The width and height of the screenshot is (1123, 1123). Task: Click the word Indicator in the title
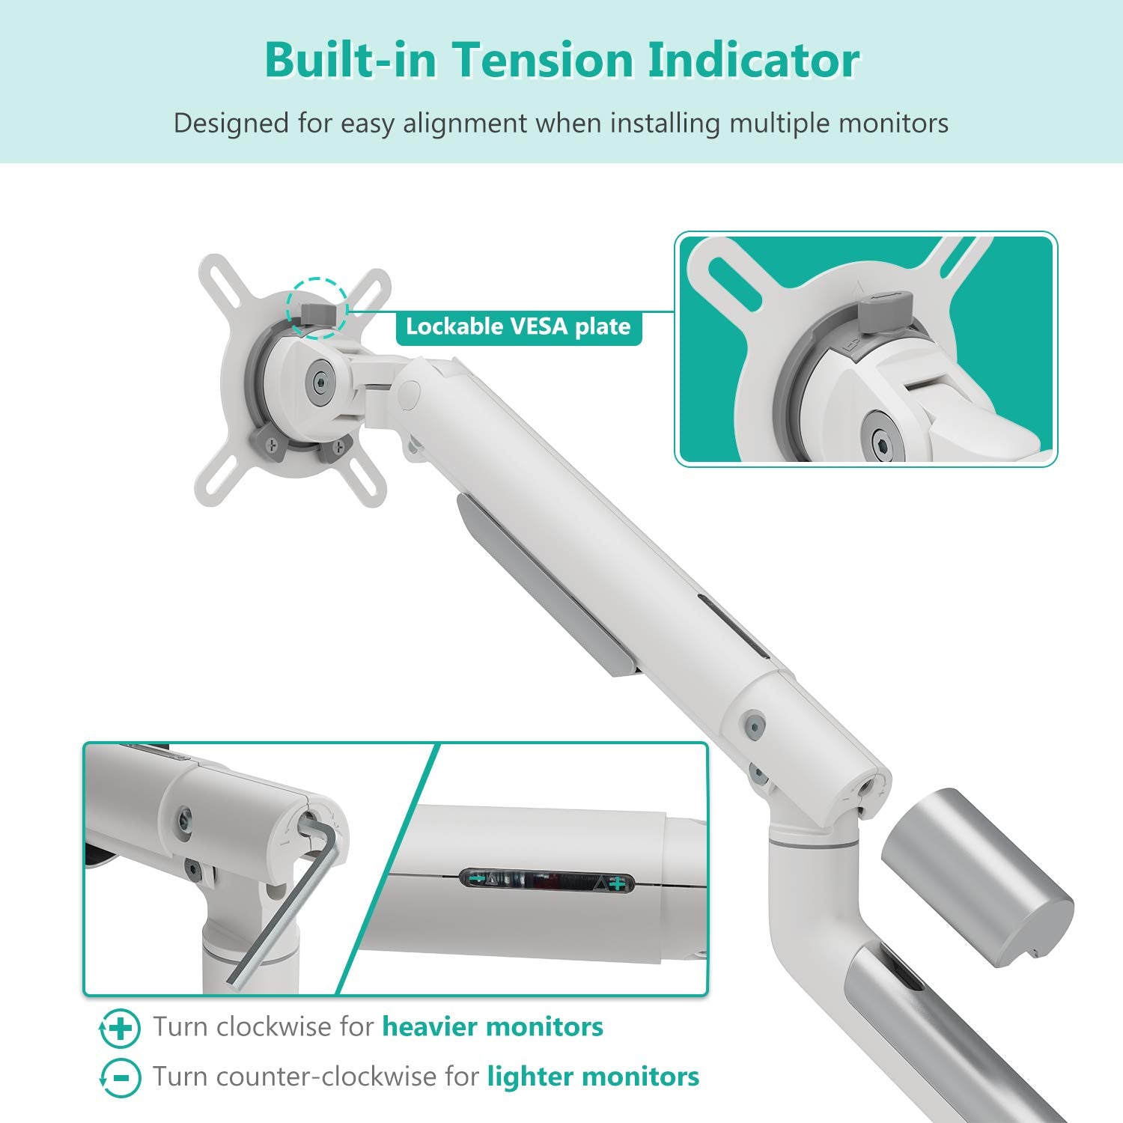(x=753, y=60)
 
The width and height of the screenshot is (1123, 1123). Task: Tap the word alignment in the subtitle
(x=465, y=123)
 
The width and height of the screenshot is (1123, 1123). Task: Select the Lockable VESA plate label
(x=518, y=327)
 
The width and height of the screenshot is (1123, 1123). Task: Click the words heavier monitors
(x=493, y=1026)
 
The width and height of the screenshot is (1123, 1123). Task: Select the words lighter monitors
(x=593, y=1077)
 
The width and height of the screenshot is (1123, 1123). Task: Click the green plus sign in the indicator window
(x=617, y=884)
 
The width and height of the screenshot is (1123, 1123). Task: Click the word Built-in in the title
(x=350, y=60)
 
